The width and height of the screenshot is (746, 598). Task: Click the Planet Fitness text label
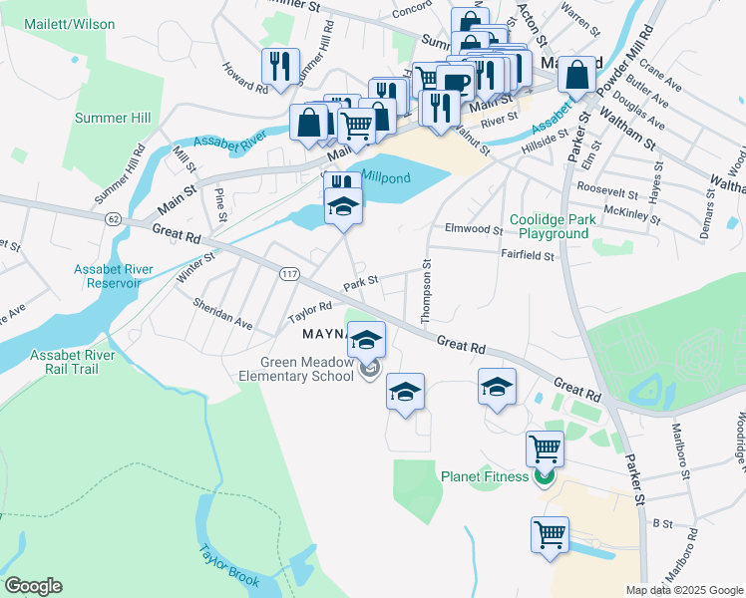(x=485, y=476)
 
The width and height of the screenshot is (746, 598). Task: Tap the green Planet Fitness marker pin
(x=544, y=477)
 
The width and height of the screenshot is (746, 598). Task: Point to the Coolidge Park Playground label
(x=549, y=226)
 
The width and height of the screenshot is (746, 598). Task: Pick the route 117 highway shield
(x=290, y=274)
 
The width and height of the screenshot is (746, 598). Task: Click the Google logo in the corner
(x=33, y=586)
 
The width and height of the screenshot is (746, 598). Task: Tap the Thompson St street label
(x=426, y=292)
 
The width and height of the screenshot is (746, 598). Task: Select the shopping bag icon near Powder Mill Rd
(x=577, y=73)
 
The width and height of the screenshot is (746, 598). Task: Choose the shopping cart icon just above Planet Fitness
(x=545, y=448)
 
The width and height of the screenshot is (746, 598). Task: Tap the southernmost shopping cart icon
(x=550, y=533)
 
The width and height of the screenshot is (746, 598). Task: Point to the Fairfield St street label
(x=527, y=255)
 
